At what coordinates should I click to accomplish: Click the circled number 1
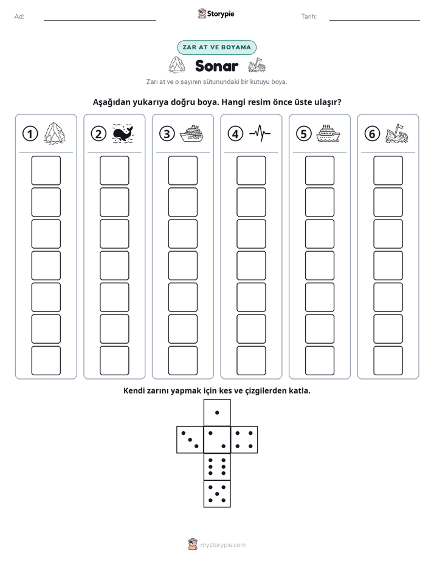point(30,134)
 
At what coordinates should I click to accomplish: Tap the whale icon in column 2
point(123,134)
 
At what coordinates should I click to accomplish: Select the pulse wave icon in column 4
point(260,133)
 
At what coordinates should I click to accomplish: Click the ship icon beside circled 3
point(191,134)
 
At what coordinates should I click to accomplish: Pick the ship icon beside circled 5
point(328,134)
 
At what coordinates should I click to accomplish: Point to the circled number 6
point(372,134)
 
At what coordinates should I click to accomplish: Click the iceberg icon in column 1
point(55,133)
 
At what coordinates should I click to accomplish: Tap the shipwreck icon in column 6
point(397,134)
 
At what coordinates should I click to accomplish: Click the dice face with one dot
point(217,413)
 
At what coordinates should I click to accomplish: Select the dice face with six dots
point(217,467)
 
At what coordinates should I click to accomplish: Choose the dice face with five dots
point(217,494)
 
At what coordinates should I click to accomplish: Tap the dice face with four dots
point(244,440)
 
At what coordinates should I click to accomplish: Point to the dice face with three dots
point(190,440)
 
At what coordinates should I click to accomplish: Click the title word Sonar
point(216,66)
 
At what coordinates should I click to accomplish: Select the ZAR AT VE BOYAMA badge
point(216,47)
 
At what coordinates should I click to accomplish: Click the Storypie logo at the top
point(216,13)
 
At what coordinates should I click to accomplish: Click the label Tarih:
point(309,16)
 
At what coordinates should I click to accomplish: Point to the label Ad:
point(19,16)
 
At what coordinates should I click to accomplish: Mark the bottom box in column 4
point(251,361)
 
